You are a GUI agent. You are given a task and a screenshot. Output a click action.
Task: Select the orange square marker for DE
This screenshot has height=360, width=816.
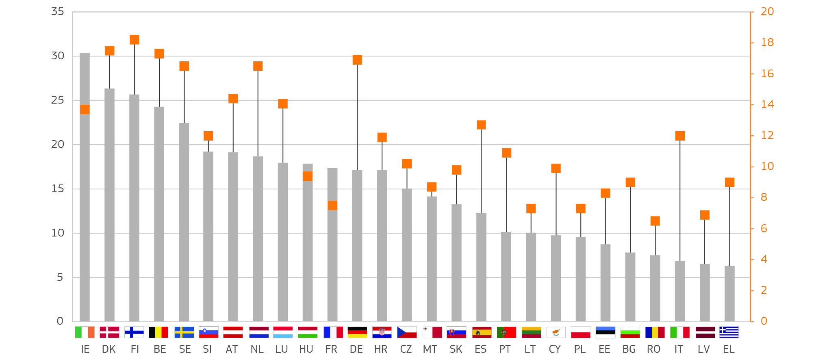pyautogui.click(x=357, y=60)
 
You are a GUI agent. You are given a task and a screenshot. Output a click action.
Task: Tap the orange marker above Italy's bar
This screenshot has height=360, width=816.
pyautogui.click(x=680, y=136)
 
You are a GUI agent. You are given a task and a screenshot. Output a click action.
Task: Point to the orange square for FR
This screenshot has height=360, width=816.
pyautogui.click(x=332, y=205)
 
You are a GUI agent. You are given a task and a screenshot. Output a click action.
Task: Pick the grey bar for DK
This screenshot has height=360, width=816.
pyautogui.click(x=109, y=205)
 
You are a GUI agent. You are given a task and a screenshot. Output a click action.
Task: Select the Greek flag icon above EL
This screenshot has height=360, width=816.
pyautogui.click(x=729, y=332)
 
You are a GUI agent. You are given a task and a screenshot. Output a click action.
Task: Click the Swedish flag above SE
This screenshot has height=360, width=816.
pyautogui.click(x=184, y=332)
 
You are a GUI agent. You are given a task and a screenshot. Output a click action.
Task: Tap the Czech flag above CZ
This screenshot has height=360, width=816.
pyautogui.click(x=407, y=332)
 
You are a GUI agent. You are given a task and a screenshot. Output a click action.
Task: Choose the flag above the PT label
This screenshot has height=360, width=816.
pyautogui.click(x=506, y=332)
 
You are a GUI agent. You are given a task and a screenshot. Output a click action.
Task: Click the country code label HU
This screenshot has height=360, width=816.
pyautogui.click(x=306, y=349)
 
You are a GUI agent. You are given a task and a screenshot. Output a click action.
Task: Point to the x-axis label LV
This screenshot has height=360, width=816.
pyautogui.click(x=704, y=349)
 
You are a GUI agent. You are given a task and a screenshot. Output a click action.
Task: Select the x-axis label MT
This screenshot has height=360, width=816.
pyautogui.click(x=430, y=349)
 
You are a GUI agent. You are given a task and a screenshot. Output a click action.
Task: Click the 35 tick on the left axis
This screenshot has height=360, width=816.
pyautogui.click(x=58, y=12)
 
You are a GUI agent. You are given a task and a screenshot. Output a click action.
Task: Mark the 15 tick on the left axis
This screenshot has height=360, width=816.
pyautogui.click(x=58, y=189)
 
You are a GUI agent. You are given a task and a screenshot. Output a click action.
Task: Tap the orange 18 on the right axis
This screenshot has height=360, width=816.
pyautogui.click(x=767, y=43)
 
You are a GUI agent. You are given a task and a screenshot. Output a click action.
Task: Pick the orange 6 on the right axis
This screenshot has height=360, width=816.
pyautogui.click(x=764, y=229)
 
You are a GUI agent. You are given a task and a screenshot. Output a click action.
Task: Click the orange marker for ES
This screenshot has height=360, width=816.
pyautogui.click(x=481, y=125)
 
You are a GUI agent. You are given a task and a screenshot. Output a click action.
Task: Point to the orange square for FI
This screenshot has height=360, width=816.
pyautogui.click(x=135, y=40)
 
